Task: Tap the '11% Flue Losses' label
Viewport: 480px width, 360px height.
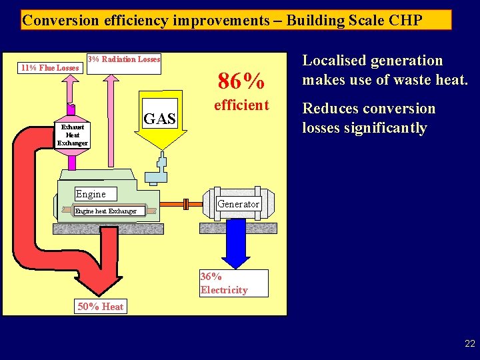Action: point(49,67)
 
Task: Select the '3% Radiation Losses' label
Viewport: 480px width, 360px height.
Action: point(125,59)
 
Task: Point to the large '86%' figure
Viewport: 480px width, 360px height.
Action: point(241,81)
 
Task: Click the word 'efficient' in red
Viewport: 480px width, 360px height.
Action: point(241,105)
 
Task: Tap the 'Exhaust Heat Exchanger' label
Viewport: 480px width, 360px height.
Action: point(72,134)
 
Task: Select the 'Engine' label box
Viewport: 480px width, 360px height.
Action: point(91,194)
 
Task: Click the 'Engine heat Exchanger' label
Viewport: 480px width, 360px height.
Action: point(105,211)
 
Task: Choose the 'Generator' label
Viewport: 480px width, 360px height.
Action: point(239,204)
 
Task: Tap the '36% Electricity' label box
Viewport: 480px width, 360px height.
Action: point(233,283)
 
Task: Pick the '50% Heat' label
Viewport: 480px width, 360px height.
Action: point(101,307)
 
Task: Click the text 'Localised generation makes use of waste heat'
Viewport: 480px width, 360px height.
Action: point(385,70)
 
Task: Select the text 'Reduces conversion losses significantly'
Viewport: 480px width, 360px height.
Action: point(369,118)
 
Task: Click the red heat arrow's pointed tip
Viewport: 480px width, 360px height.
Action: point(101,293)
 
